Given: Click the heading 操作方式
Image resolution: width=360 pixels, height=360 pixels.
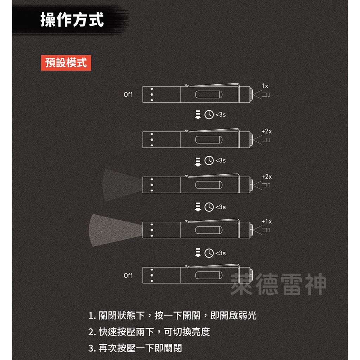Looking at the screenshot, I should [x=72, y=19].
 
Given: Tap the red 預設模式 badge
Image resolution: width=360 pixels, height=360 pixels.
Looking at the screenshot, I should [x=66, y=63].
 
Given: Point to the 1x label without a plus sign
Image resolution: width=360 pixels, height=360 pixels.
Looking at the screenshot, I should [x=265, y=86].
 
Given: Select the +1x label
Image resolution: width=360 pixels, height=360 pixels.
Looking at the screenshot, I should [x=266, y=221].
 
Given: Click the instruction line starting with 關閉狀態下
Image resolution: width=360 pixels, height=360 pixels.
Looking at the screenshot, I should [x=172, y=315].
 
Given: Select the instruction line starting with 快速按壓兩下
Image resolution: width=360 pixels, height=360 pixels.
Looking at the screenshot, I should [x=149, y=332].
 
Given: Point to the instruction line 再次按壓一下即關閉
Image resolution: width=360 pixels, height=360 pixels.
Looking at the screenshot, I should [x=135, y=348].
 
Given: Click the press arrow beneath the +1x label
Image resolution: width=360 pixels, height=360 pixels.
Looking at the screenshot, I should [x=262, y=230].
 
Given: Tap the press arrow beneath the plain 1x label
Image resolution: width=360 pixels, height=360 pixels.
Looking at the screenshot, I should [x=262, y=95].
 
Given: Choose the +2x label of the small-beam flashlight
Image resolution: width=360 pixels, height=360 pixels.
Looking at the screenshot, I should [x=266, y=176].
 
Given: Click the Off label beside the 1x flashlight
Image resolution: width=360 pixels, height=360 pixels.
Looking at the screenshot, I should [x=128, y=95].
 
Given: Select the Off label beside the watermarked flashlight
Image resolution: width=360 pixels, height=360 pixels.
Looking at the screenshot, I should [x=128, y=276].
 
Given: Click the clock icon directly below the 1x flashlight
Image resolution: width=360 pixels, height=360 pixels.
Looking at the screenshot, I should [x=209, y=115].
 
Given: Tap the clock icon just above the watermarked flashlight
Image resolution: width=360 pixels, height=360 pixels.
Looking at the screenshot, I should [x=209, y=253].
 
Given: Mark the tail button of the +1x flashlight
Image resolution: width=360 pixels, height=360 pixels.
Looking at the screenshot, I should [x=251, y=230].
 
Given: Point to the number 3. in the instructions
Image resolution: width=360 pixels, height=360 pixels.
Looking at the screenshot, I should [x=92, y=348].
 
